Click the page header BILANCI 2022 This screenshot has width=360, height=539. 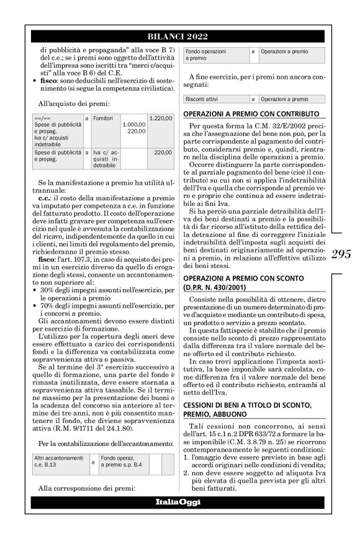[178, 37]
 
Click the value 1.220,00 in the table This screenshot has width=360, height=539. [161, 117]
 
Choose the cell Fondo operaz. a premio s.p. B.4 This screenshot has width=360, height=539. [120, 460]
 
